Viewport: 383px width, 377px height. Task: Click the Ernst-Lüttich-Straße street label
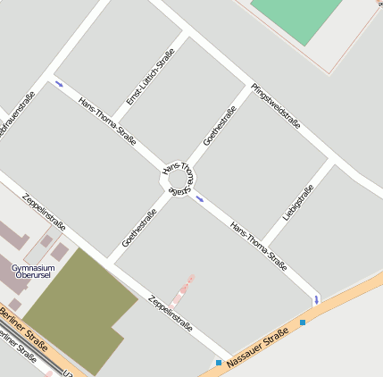click(x=150, y=76)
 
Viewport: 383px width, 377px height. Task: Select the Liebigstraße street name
click(x=298, y=202)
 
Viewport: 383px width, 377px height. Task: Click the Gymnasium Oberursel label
click(x=33, y=272)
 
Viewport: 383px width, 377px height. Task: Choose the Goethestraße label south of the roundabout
click(x=139, y=228)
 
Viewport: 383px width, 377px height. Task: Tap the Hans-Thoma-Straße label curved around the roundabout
click(x=177, y=169)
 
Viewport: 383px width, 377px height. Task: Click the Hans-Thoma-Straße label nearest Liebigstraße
click(x=258, y=246)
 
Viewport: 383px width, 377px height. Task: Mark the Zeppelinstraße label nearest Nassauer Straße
click(x=170, y=313)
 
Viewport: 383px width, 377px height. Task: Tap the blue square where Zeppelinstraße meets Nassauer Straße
click(x=219, y=362)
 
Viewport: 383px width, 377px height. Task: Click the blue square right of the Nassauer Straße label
click(x=303, y=322)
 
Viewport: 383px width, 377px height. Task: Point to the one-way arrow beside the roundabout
click(x=199, y=198)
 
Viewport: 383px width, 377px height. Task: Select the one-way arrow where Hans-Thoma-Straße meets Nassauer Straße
click(x=316, y=298)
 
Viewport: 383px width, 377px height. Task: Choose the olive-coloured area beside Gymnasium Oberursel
click(x=76, y=308)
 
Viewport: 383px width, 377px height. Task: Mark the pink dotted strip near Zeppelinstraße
click(x=185, y=288)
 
